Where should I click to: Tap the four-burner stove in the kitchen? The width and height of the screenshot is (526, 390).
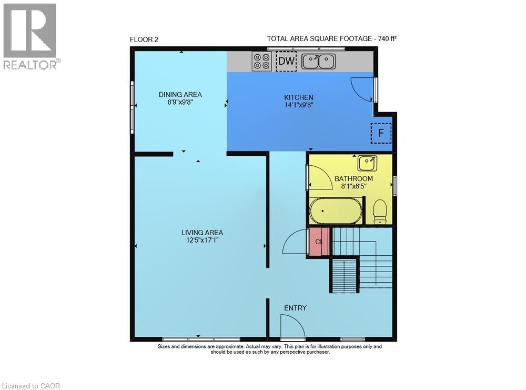[261, 62]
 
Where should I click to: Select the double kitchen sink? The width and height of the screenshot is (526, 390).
[319, 62]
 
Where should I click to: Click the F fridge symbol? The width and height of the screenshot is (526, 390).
[381, 133]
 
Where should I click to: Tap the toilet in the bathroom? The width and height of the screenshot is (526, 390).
[379, 213]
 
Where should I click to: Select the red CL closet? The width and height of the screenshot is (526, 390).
[319, 242]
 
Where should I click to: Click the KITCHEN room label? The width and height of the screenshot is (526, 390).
[299, 97]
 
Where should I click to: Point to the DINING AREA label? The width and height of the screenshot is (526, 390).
[180, 95]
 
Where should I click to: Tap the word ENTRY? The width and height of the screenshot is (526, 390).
[295, 308]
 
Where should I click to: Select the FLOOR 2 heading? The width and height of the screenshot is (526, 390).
[144, 39]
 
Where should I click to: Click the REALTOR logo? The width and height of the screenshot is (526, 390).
[30, 37]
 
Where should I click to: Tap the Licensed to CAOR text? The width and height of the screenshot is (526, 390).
[31, 386]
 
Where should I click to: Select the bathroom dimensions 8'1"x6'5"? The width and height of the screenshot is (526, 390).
[353, 187]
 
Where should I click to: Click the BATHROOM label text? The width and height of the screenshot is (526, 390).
[353, 179]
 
